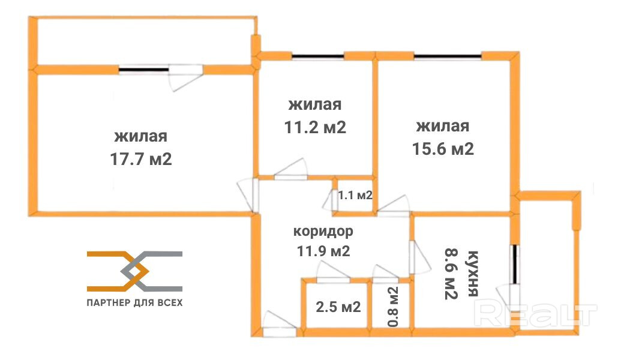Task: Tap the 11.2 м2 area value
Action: pos(315,128)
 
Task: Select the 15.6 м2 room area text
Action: pos(443,149)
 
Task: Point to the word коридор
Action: pos(323,231)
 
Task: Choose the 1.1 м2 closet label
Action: pos(355,195)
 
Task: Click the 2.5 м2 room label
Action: pos(338,307)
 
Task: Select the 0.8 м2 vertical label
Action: pos(393,307)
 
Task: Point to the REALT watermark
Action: pos(537,313)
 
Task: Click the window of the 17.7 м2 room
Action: pos(144,70)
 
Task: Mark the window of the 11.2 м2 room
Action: pos(318,57)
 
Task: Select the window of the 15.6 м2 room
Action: pos(448,57)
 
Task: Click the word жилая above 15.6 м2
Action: pos(443,127)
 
